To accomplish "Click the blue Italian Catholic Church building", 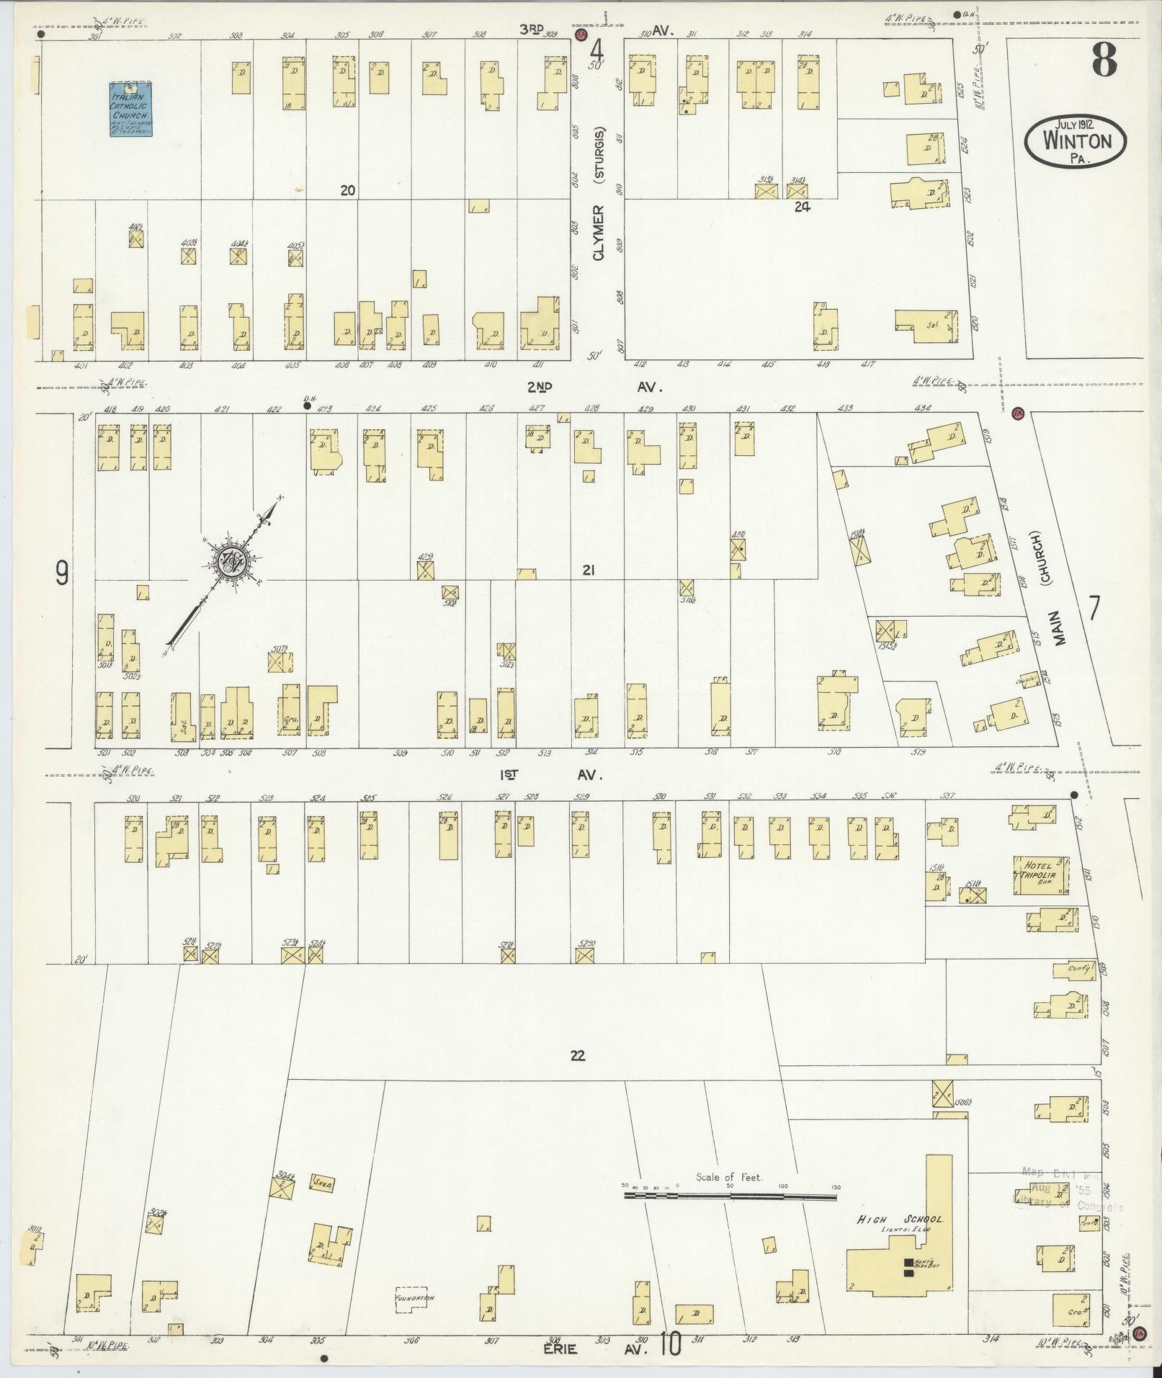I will point(130,109).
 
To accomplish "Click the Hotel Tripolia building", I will point(1040,875).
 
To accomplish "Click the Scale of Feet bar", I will point(730,1196).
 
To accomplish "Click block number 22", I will point(577,1056).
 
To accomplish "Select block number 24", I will point(803,207).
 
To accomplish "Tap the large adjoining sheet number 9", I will point(62,573).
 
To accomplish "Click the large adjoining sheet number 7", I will point(1094,609).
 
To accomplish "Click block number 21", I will point(589,571).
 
